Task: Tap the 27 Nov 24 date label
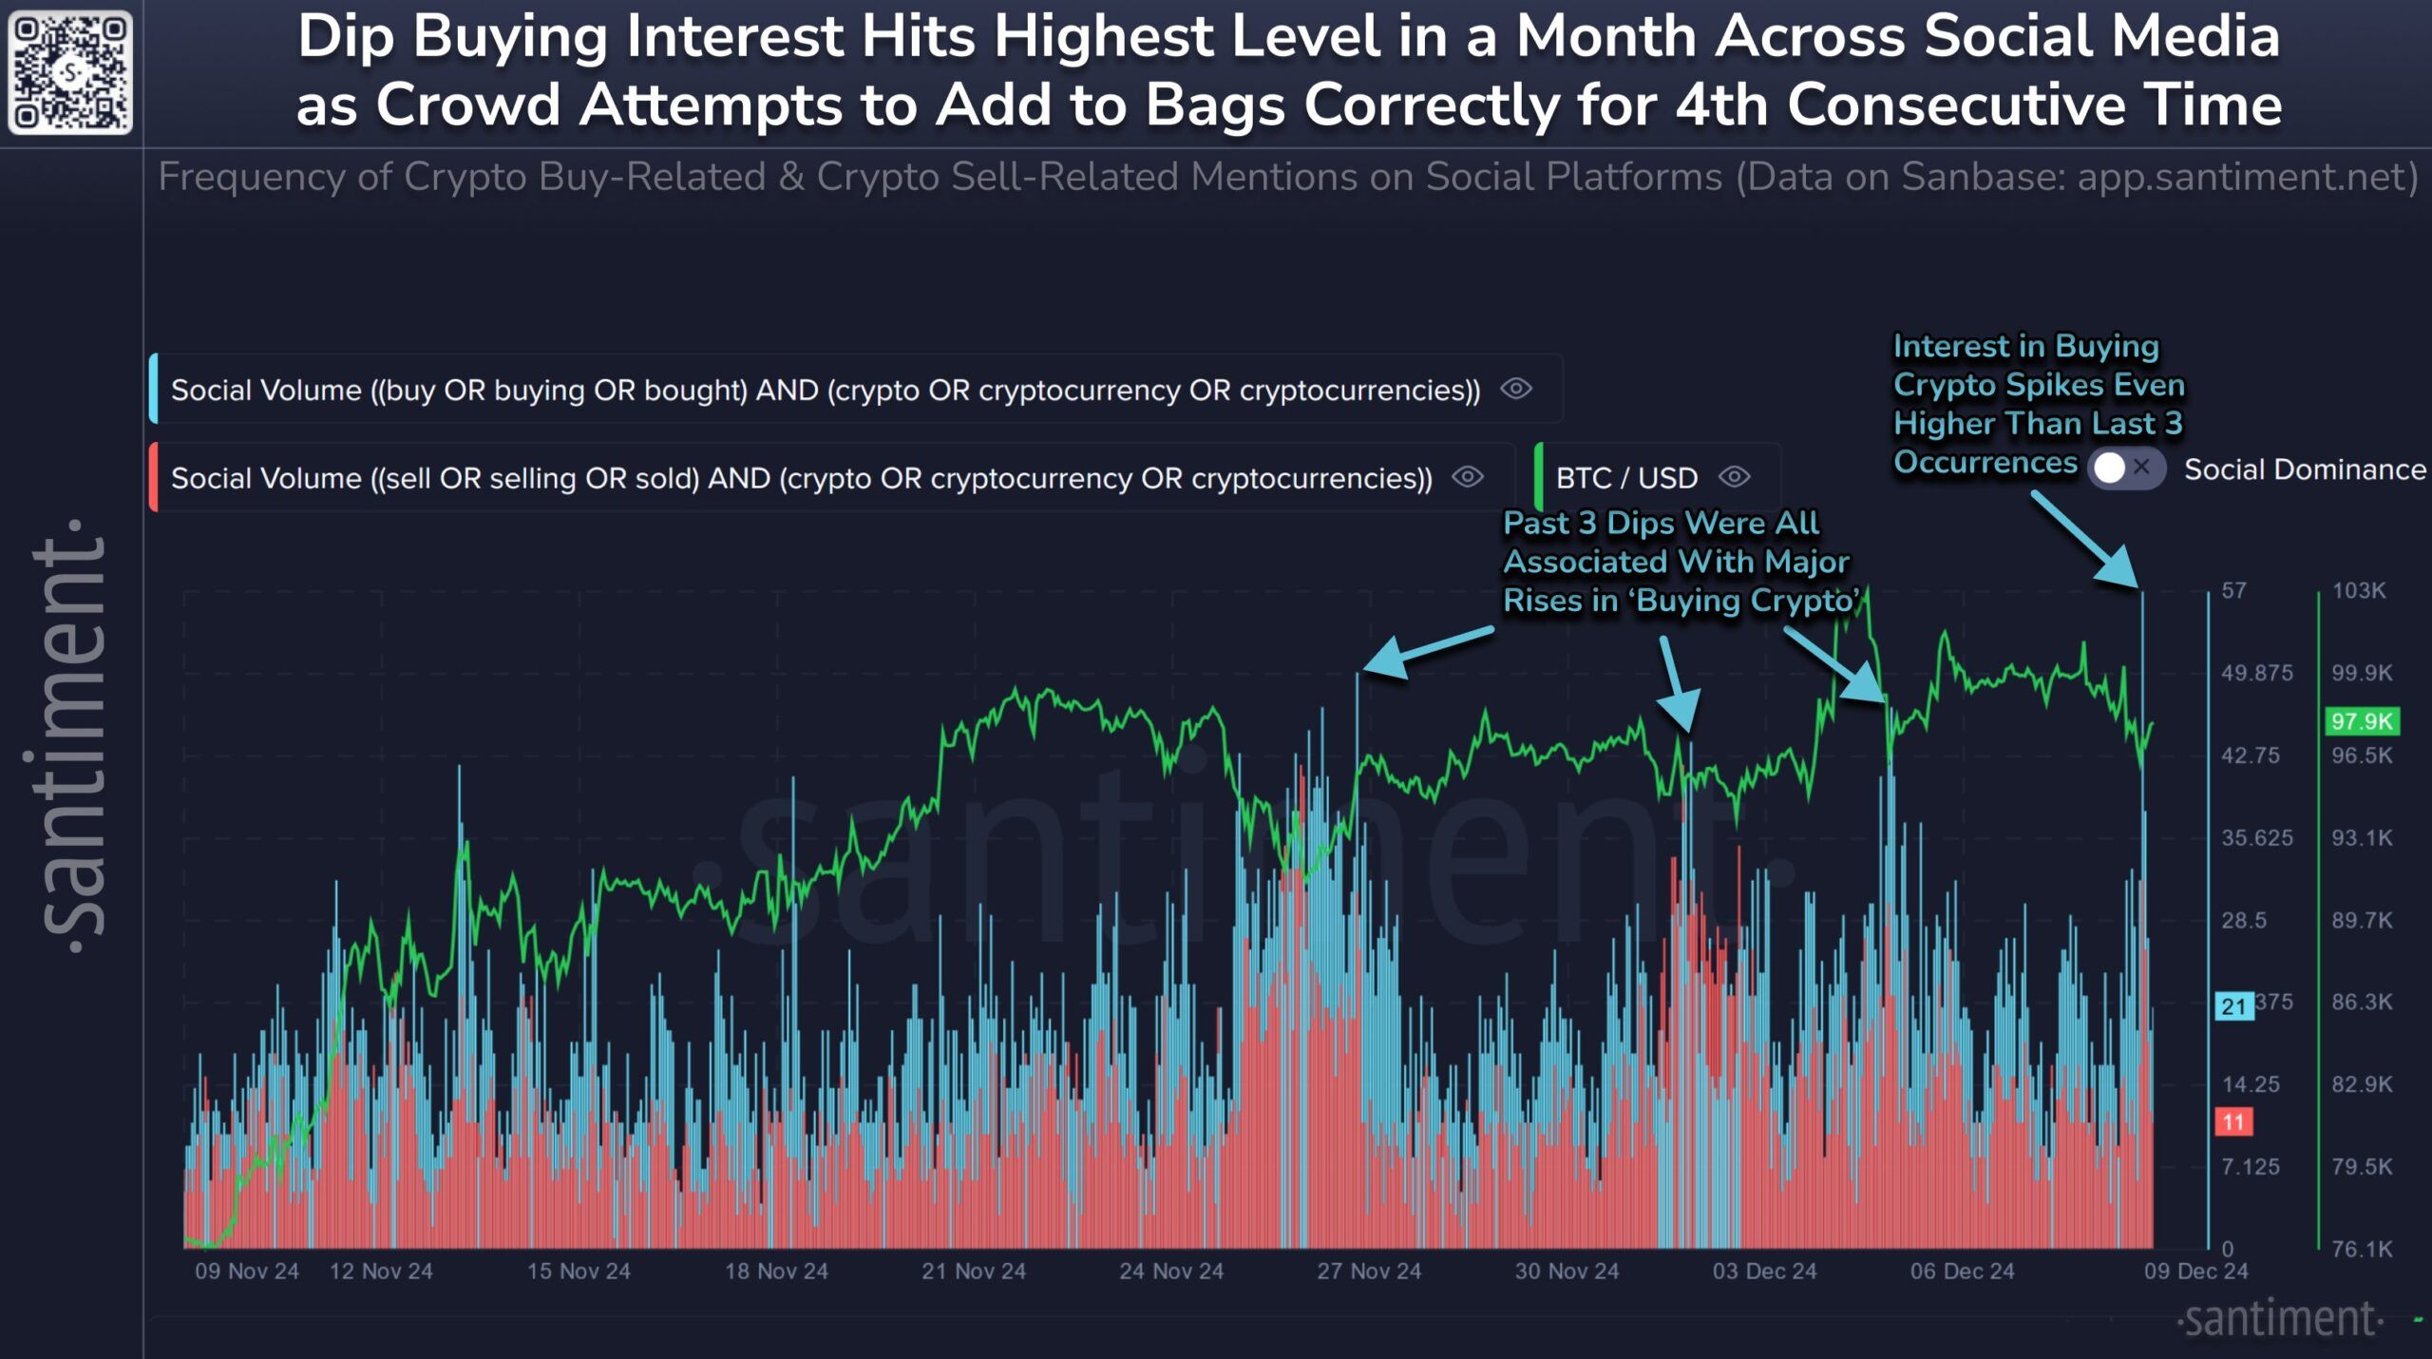tap(1368, 1271)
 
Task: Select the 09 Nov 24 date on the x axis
tap(247, 1271)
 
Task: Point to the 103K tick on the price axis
tap(2358, 590)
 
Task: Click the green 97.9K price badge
tap(2362, 721)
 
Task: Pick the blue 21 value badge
tap(2233, 1006)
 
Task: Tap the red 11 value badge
tap(2233, 1121)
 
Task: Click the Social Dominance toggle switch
tap(2125, 469)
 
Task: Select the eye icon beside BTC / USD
tap(1735, 477)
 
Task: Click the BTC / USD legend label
tap(1626, 478)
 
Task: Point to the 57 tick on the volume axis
tap(2234, 590)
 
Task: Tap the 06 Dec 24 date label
tap(1962, 1271)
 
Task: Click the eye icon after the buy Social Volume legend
tap(1516, 389)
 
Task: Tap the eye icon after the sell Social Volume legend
tap(1468, 477)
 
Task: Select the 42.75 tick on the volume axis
tap(2250, 756)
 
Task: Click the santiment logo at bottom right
tap(2279, 1319)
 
